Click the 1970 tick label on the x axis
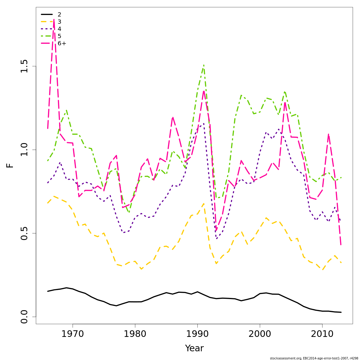pyautogui.click(x=73, y=334)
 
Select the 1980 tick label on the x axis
pyautogui.click(x=135, y=334)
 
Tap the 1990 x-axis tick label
pyautogui.click(x=197, y=334)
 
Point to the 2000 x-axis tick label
pyautogui.click(x=260, y=334)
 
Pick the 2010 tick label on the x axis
pyautogui.click(x=322, y=334)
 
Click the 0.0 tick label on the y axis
pyautogui.click(x=24, y=317)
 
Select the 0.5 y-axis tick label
pyautogui.click(x=24, y=233)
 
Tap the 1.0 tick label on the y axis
pyautogui.click(x=24, y=150)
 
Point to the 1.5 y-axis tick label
pyautogui.click(x=24, y=66)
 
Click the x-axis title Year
pyautogui.click(x=194, y=349)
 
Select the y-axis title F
pyautogui.click(x=10, y=165)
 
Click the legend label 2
pyautogui.click(x=59, y=14)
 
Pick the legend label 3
pyautogui.click(x=59, y=22)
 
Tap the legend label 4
pyautogui.click(x=59, y=29)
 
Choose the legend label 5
pyautogui.click(x=59, y=36)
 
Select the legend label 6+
pyautogui.click(x=62, y=43)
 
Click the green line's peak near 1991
pyautogui.click(x=204, y=65)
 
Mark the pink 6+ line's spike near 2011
pyautogui.click(x=328, y=134)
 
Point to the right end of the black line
pyautogui.click(x=341, y=312)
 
